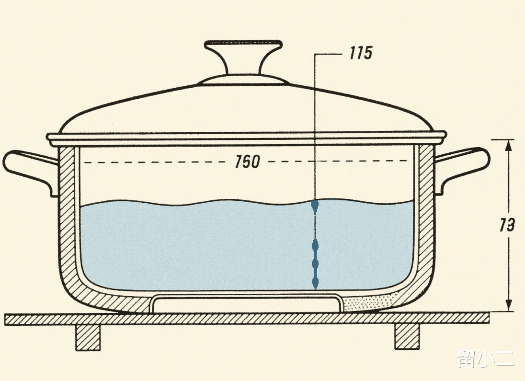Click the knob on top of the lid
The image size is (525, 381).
coord(243,53)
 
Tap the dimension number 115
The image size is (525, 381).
coord(360,53)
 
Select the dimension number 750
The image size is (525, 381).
coord(247,162)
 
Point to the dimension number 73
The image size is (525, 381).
coord(507,225)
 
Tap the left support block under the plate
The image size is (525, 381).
coord(88,337)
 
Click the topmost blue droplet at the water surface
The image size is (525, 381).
coord(315,207)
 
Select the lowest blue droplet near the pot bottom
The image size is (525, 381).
coord(315,282)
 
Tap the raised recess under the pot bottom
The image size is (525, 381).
coord(248,305)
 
